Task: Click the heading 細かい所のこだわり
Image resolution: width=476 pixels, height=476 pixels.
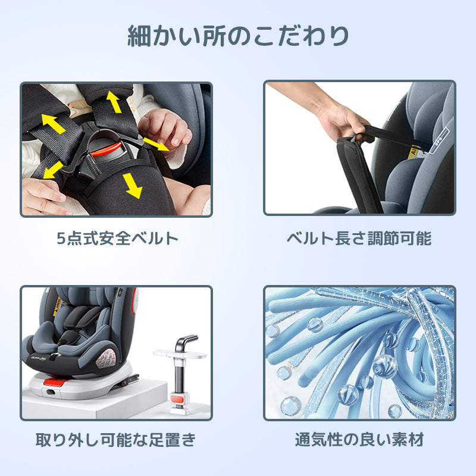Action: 238,36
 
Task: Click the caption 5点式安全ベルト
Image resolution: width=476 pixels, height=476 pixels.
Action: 117,239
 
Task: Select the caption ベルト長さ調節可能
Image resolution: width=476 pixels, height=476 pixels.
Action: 359,239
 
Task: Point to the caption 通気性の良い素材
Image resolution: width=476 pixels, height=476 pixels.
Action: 359,440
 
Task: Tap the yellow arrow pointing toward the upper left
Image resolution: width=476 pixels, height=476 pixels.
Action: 54,124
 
